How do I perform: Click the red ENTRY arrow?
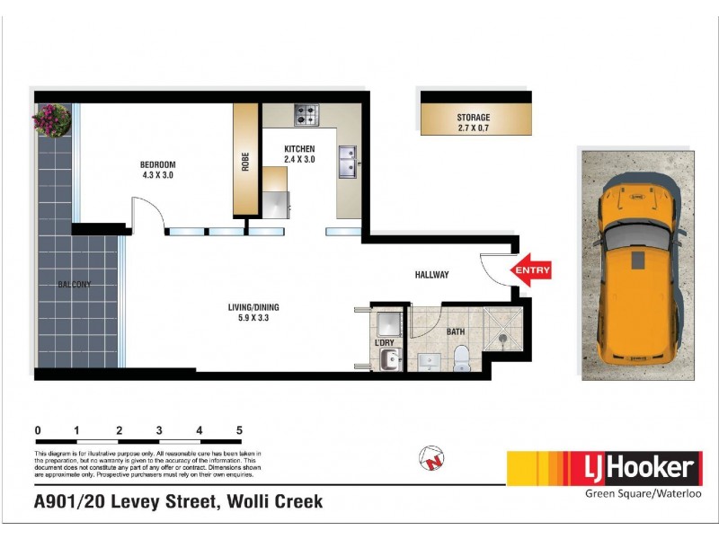pyautogui.click(x=530, y=269)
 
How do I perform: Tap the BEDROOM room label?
pyautogui.click(x=157, y=170)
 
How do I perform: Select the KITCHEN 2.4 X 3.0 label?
pyautogui.click(x=300, y=154)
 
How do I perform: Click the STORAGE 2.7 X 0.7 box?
pyautogui.click(x=473, y=122)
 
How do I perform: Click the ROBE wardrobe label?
pyautogui.click(x=245, y=162)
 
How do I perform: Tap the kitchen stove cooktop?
pyautogui.click(x=306, y=115)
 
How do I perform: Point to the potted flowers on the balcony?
pyautogui.click(x=51, y=119)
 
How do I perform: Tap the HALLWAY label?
pyautogui.click(x=431, y=275)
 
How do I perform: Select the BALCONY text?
pyautogui.click(x=75, y=285)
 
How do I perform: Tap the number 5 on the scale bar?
pyautogui.click(x=239, y=430)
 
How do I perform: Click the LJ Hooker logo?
pyautogui.click(x=601, y=467)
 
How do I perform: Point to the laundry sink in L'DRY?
pyautogui.click(x=388, y=359)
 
